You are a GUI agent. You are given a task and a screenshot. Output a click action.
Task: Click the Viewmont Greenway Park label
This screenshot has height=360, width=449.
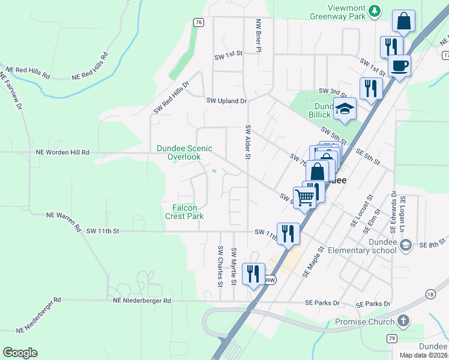click(x=347, y=13)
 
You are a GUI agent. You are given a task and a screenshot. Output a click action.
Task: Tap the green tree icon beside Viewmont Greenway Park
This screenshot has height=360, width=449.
click(x=375, y=10)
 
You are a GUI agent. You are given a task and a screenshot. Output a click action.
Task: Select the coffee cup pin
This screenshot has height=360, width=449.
click(x=399, y=65)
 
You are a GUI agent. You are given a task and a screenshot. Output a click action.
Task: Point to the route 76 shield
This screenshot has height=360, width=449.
click(x=199, y=22)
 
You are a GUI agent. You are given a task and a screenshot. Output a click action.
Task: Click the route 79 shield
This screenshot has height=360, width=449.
click(x=392, y=339)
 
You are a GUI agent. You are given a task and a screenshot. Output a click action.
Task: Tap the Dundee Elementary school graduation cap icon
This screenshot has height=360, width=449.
click(x=406, y=244)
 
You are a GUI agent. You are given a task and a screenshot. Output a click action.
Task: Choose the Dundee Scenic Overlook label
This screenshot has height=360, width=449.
click(x=184, y=152)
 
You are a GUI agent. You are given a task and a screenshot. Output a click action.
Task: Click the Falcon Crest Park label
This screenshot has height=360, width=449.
click(x=184, y=212)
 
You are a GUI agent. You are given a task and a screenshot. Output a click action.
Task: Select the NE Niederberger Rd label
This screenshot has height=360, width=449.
click(x=142, y=301)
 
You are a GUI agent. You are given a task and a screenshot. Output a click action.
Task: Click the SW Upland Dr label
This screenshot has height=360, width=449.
click(x=226, y=101)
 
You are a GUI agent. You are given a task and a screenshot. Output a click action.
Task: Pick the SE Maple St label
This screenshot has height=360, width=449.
click(x=314, y=262)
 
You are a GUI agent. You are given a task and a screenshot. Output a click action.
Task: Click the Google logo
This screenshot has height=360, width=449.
click(x=20, y=353)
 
